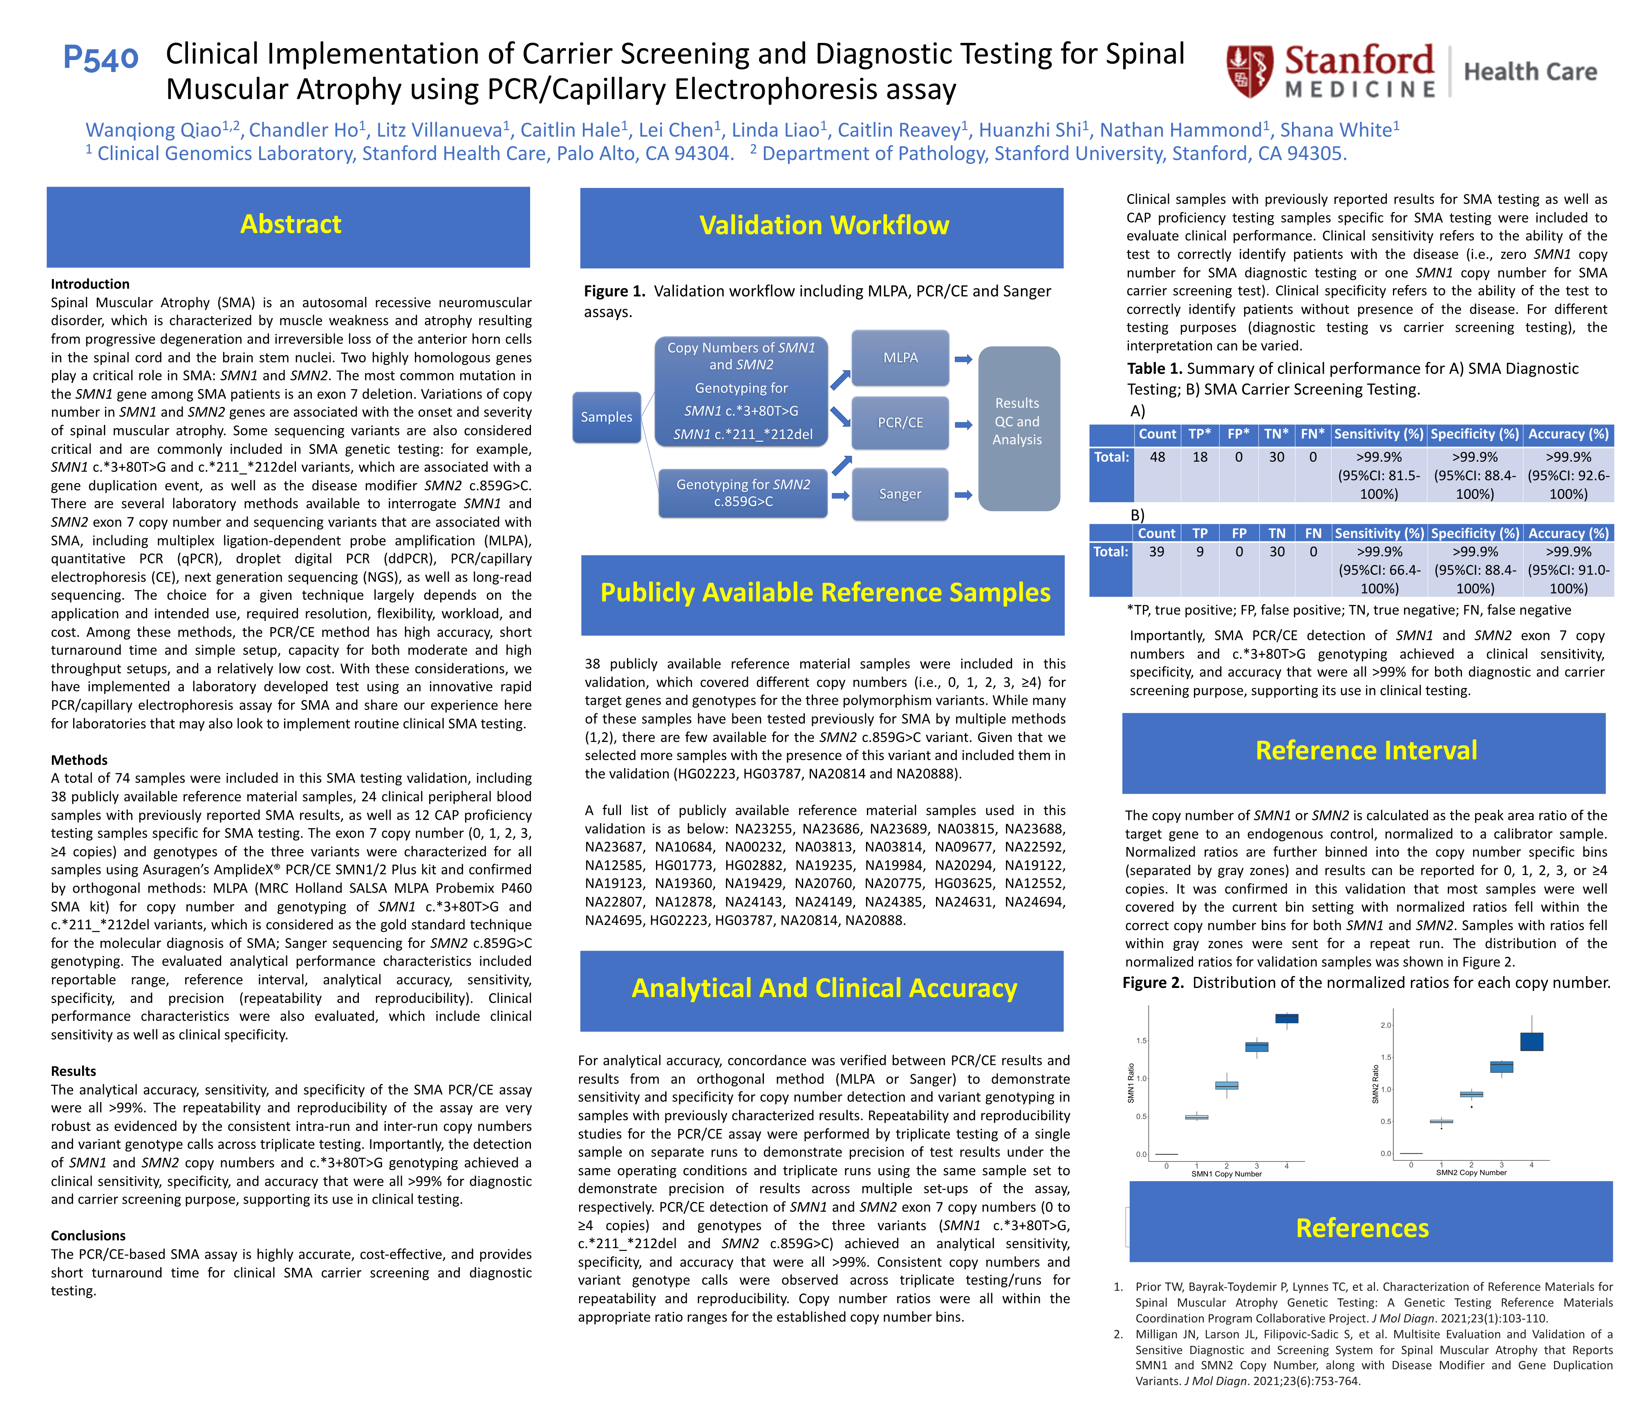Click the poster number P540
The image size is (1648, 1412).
(101, 58)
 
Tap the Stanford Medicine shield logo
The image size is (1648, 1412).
(1249, 71)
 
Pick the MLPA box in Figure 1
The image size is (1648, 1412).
(900, 358)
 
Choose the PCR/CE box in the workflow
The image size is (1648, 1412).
(900, 423)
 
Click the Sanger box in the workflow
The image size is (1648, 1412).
(900, 494)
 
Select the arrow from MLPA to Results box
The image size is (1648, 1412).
(963, 360)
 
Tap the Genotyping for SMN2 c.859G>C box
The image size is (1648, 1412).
(743, 493)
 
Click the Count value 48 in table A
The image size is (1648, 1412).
(1157, 457)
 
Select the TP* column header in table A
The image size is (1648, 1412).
(1199, 434)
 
